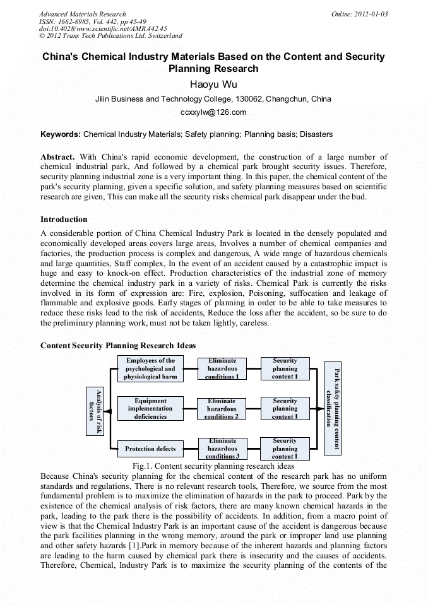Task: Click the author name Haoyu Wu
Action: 213,84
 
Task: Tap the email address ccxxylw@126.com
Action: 213,112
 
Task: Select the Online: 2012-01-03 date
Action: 360,14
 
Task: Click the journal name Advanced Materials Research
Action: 82,14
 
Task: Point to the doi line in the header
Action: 103,28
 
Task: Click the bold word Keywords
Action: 60,134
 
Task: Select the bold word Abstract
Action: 57,156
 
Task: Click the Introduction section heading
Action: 64,220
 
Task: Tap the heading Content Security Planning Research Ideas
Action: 117,346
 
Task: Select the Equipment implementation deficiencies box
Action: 150,409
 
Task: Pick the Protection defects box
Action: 150,449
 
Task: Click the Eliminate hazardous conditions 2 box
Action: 222,409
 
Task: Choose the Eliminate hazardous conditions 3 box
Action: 222,449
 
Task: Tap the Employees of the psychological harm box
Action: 150,369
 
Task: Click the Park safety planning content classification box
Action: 332,408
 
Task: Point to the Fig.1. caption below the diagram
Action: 213,466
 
